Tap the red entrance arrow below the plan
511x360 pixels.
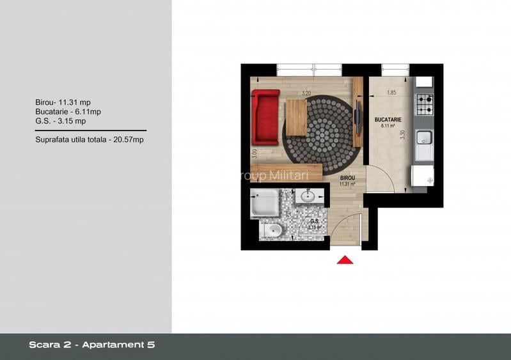345,260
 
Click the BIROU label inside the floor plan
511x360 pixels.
347,178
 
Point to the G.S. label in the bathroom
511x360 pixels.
314,221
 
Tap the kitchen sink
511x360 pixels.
424,137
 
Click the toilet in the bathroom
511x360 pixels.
271,230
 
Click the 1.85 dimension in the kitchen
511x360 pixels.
390,93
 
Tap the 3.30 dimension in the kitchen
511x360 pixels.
400,136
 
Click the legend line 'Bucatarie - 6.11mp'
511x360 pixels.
68,111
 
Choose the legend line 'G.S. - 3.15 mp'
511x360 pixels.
61,120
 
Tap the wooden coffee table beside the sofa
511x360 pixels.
296,117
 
